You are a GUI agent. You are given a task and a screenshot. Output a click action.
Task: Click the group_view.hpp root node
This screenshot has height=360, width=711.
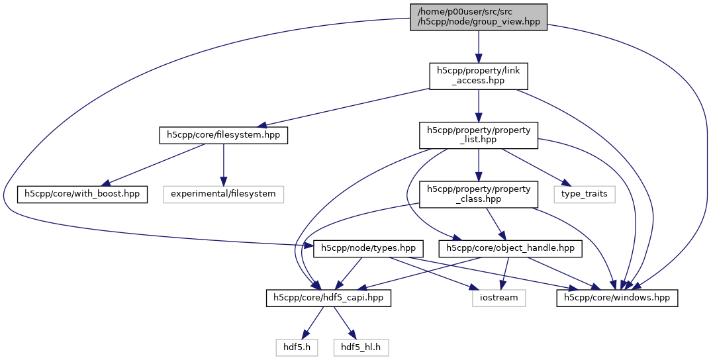(478, 17)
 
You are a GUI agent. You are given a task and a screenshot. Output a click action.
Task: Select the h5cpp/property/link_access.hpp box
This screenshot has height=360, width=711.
(478, 75)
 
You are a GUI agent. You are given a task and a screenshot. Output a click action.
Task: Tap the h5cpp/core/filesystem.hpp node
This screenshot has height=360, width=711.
(223, 135)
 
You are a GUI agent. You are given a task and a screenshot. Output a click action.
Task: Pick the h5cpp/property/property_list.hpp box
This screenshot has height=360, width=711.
(478, 135)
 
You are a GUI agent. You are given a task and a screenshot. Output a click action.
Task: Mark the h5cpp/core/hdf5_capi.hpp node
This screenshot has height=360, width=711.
(328, 298)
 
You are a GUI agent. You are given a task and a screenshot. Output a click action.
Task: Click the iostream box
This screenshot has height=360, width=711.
(499, 298)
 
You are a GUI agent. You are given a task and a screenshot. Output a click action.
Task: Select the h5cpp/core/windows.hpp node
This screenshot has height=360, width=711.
(616, 298)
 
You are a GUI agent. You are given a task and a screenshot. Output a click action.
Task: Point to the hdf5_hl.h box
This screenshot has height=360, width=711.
(360, 345)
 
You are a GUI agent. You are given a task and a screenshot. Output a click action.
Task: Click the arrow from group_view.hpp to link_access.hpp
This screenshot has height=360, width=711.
(478, 46)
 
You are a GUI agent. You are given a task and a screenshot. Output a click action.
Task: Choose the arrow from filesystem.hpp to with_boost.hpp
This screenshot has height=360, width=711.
(152, 165)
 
